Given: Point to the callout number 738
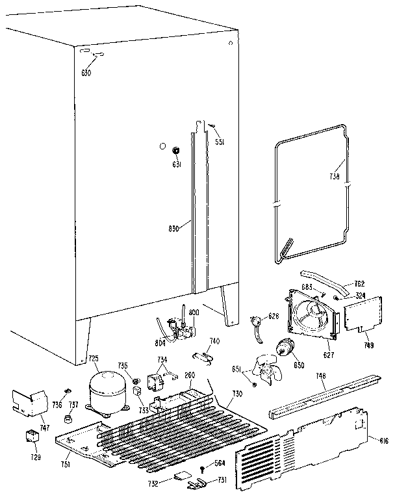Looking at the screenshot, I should click(x=333, y=175).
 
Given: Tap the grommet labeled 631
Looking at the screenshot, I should click(x=175, y=151).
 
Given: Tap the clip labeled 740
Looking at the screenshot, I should click(x=205, y=355).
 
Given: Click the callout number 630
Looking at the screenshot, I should click(x=85, y=73).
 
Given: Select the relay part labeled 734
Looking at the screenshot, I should click(x=158, y=379).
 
